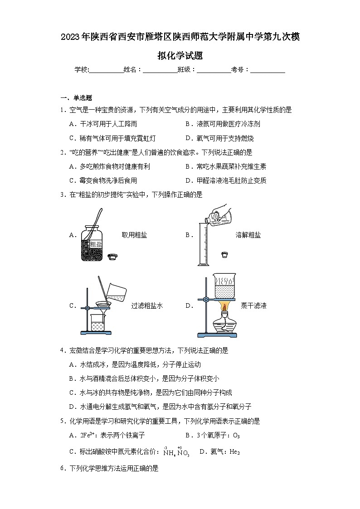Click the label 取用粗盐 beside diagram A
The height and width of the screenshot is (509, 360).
pyautogui.click(x=134, y=235)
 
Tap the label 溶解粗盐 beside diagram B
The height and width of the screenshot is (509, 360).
pyautogui.click(x=248, y=235)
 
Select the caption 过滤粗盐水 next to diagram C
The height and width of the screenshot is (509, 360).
pyautogui.click(x=147, y=305)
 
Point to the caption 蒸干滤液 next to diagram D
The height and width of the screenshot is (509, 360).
pyautogui.click(x=253, y=305)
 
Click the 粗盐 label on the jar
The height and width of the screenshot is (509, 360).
pyautogui.click(x=96, y=245)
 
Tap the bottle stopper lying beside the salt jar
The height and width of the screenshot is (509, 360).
pyautogui.click(x=113, y=257)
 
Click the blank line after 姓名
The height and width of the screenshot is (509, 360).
pyautogui.click(x=160, y=70)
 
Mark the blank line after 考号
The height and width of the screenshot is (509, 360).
pyautogui.click(x=268, y=70)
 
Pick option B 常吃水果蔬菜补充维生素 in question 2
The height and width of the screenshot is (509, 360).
pyautogui.click(x=226, y=166)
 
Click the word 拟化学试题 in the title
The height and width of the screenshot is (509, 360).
pyautogui.click(x=180, y=56)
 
